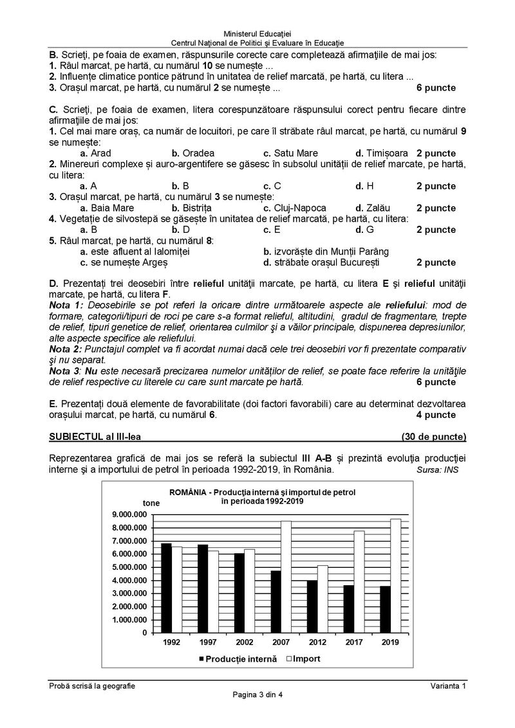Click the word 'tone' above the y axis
click(x=152, y=503)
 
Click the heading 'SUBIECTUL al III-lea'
click(x=95, y=437)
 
